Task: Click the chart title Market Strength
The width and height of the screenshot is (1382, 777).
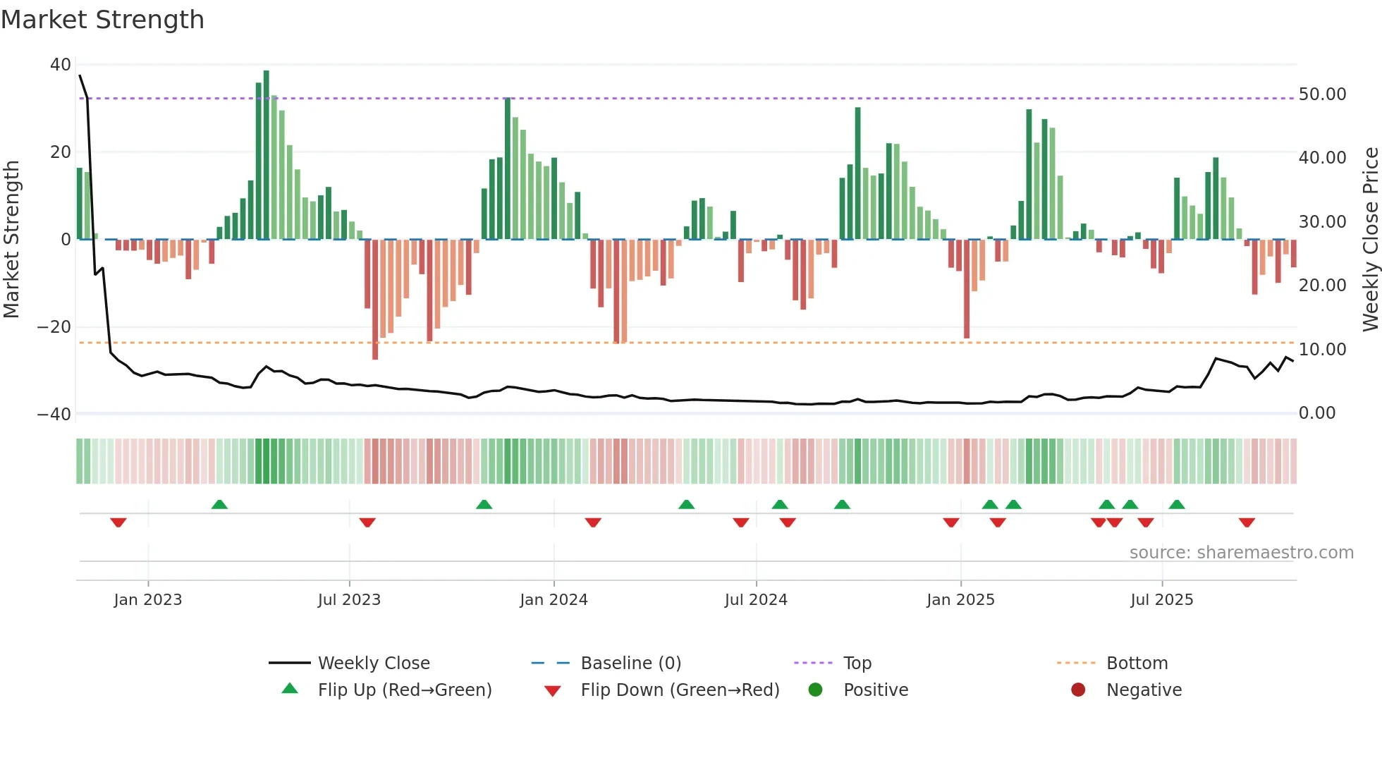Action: [x=102, y=20]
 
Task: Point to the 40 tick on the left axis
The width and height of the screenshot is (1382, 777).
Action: [x=60, y=65]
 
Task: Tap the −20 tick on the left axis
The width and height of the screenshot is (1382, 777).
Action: [x=54, y=327]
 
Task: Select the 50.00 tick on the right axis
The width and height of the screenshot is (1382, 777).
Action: [x=1322, y=94]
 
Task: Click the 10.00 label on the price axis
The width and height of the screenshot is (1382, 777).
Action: [x=1322, y=350]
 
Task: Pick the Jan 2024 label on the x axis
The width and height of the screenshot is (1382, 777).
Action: [x=554, y=600]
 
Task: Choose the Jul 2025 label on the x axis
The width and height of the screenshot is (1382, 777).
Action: [x=1161, y=600]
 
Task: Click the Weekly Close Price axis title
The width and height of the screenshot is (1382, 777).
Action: [x=1370, y=240]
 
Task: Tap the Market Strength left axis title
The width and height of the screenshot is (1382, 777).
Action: [x=12, y=240]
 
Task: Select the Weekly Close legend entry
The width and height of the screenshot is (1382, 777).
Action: [x=373, y=663]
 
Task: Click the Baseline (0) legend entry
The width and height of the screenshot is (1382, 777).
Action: [x=630, y=663]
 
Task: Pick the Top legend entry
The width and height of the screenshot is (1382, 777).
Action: [x=857, y=663]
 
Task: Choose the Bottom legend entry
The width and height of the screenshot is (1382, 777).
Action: [x=1137, y=663]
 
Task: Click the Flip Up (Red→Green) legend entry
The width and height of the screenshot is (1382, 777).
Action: [x=404, y=690]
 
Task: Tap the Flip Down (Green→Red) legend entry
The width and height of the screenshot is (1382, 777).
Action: [x=680, y=690]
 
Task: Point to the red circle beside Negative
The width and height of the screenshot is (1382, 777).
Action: [x=1078, y=690]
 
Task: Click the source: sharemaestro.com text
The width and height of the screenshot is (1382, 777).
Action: [x=1241, y=553]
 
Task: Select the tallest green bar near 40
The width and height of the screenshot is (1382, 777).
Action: [x=267, y=155]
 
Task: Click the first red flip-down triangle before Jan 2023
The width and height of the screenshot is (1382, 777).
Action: [x=118, y=522]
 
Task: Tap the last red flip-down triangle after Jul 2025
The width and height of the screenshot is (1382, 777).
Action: [x=1247, y=522]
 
